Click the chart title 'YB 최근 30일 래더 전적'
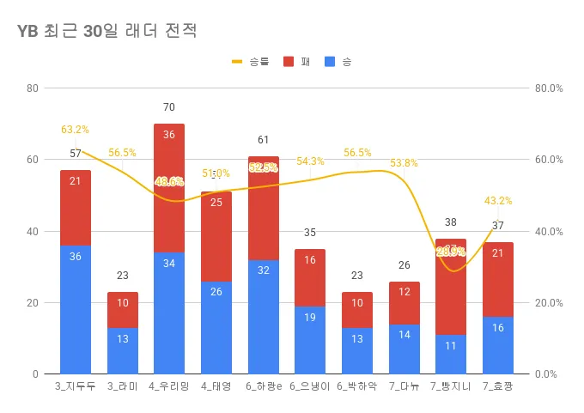[107, 33]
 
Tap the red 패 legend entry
[296, 62]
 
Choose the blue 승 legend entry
[338, 62]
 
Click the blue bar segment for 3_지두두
[76, 309]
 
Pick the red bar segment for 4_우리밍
[169, 188]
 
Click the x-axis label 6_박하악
[357, 387]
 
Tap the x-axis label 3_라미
[123, 387]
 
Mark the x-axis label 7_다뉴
[404, 387]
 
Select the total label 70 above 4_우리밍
[169, 107]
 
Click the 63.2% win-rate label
[75, 130]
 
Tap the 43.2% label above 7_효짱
[498, 201]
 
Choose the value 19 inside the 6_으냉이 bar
[310, 318]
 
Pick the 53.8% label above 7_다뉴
[404, 163]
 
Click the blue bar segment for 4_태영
[216, 327]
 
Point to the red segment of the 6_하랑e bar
[264, 208]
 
